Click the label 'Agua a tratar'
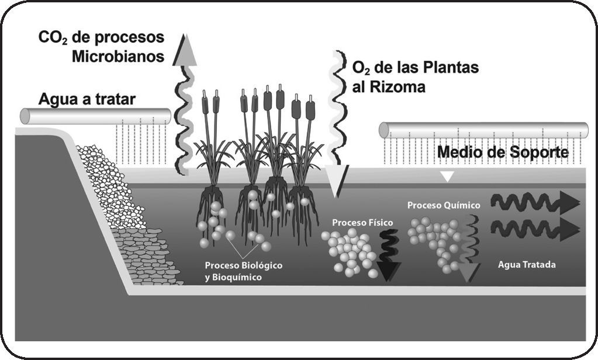[x=87, y=98]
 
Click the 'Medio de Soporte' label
[x=503, y=153]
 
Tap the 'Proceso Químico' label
[x=444, y=205]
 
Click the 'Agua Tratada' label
[x=526, y=265]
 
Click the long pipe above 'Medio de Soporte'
[x=483, y=130]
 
